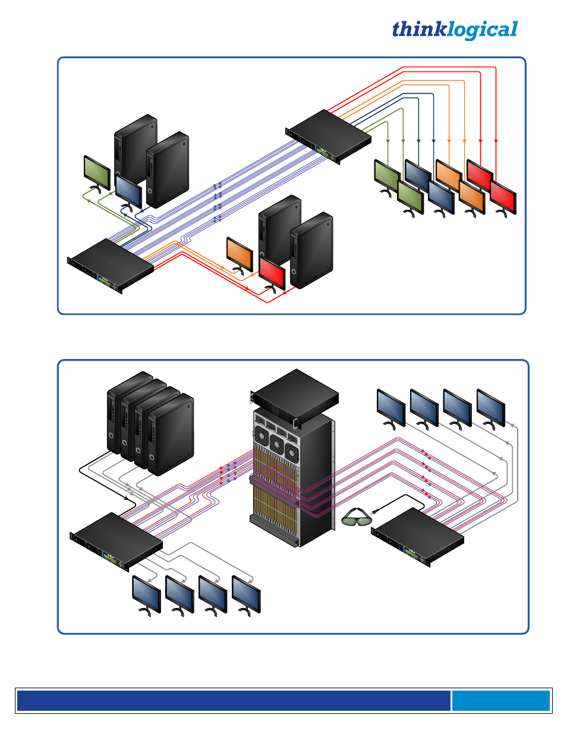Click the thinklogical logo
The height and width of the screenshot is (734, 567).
455,30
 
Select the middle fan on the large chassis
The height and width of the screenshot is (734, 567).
276,443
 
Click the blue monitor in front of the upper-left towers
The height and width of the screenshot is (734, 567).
128,190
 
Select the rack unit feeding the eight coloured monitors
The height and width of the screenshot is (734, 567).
329,136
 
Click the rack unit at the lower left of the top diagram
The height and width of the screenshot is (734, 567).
111,265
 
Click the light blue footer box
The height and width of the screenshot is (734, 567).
500,701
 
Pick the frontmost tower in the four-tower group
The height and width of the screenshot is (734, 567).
171,434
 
